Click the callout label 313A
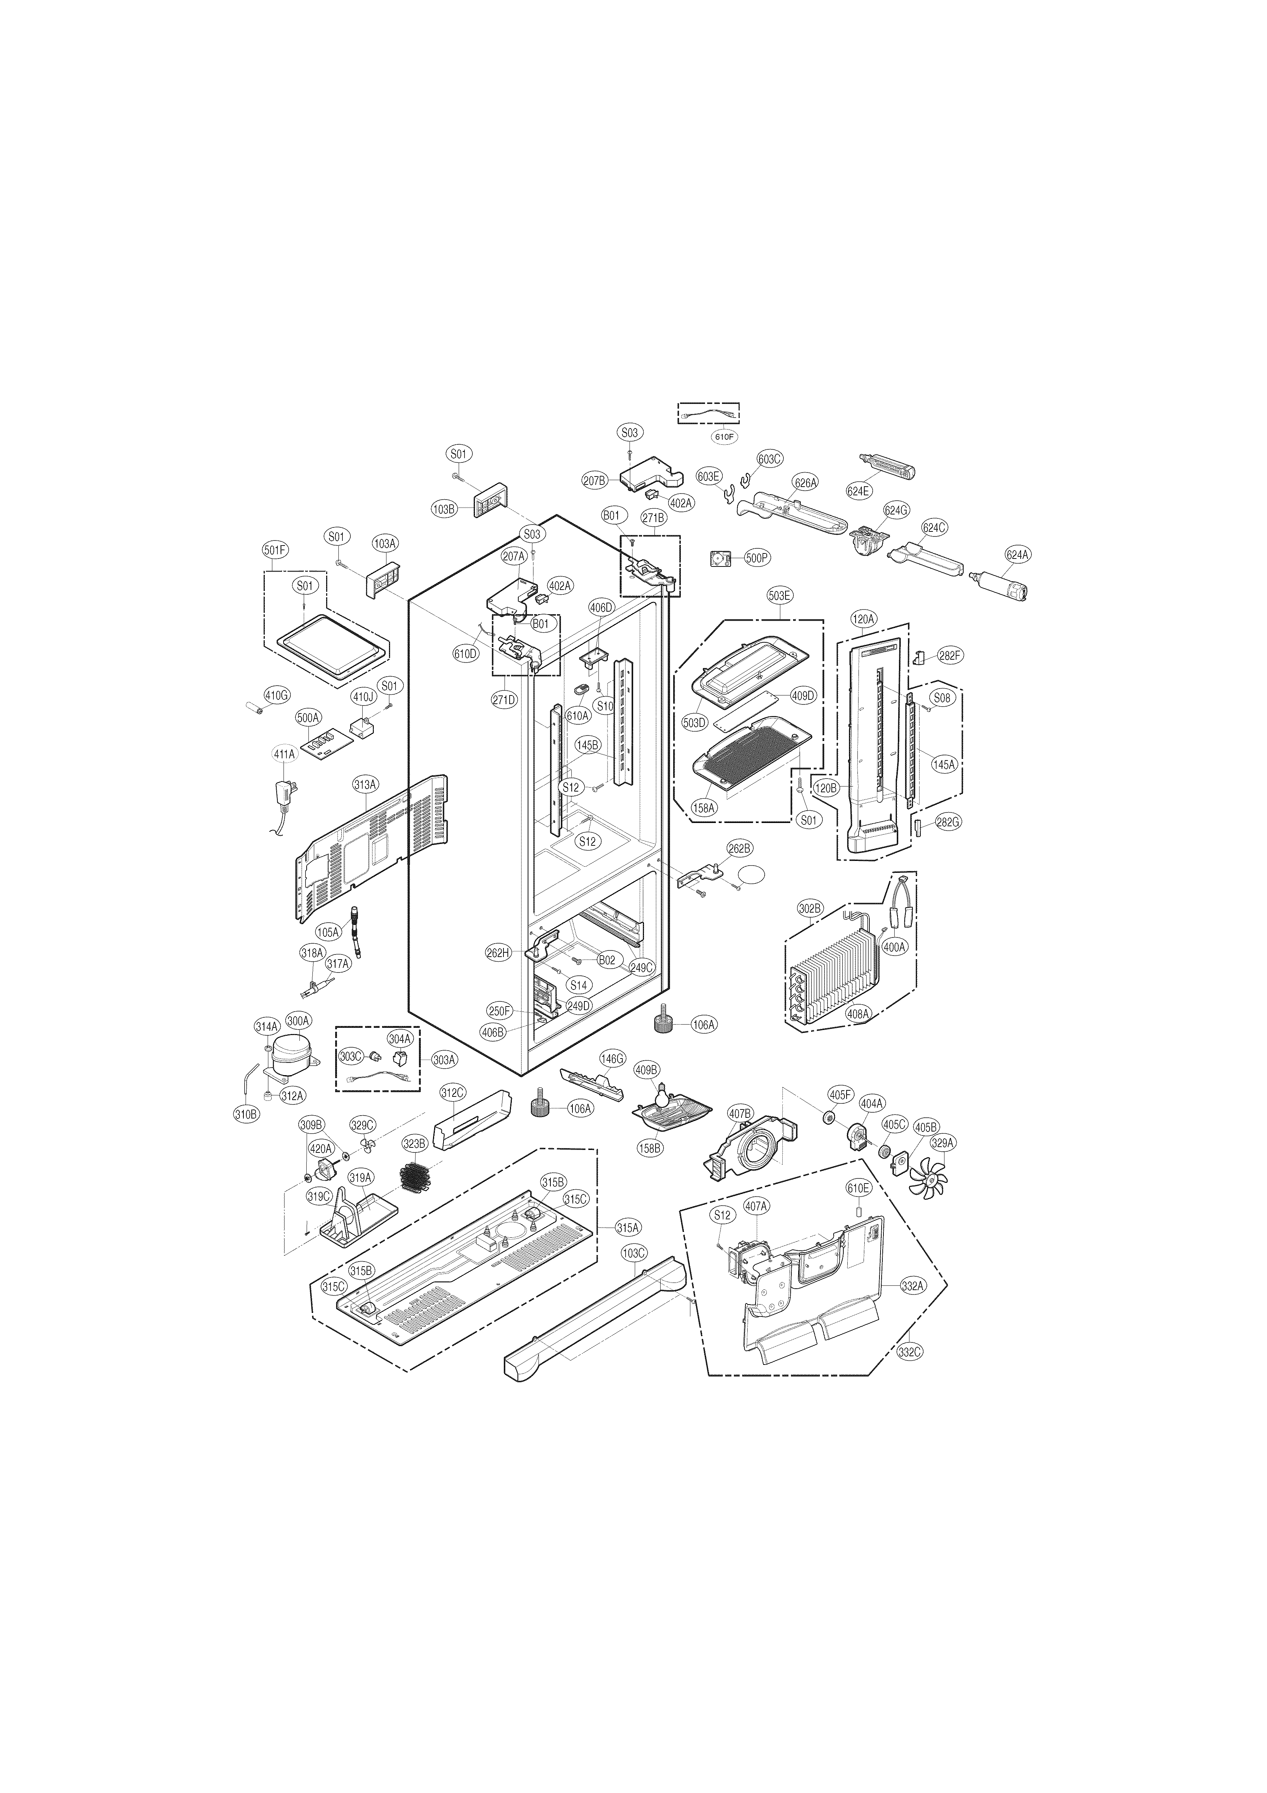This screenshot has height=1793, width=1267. coord(366,783)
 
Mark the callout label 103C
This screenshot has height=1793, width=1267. coord(634,1253)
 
